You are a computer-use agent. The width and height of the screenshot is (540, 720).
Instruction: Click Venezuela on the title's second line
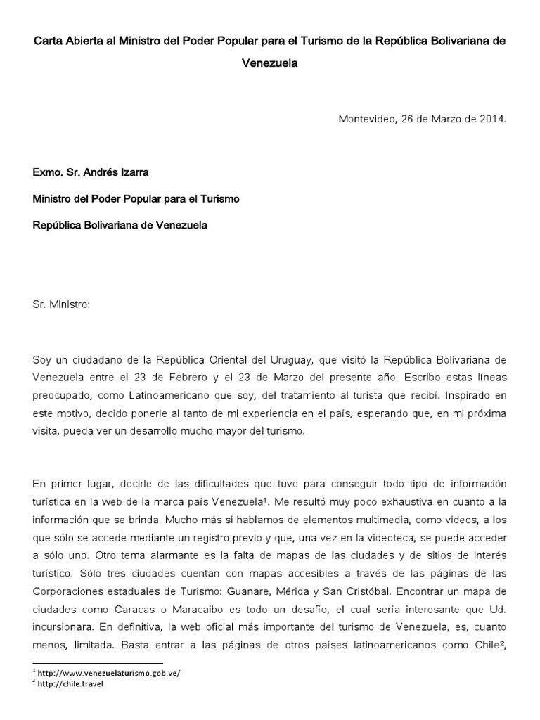point(270,63)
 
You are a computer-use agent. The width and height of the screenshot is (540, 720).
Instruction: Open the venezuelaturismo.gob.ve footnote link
point(110,673)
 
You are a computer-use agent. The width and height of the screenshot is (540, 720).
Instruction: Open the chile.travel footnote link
point(71,684)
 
